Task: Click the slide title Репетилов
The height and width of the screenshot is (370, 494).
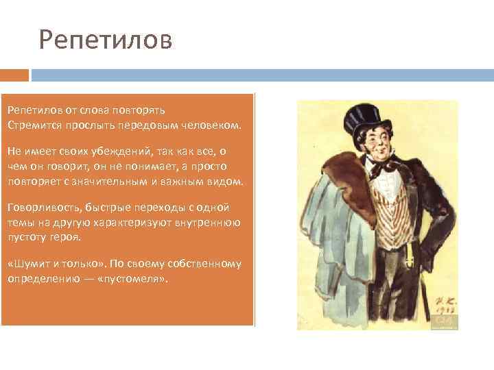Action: (106, 40)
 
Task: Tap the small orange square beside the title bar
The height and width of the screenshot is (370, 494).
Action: (14, 74)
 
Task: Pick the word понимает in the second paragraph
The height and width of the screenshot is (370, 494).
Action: (164, 166)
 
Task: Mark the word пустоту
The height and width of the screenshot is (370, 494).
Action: (25, 237)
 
